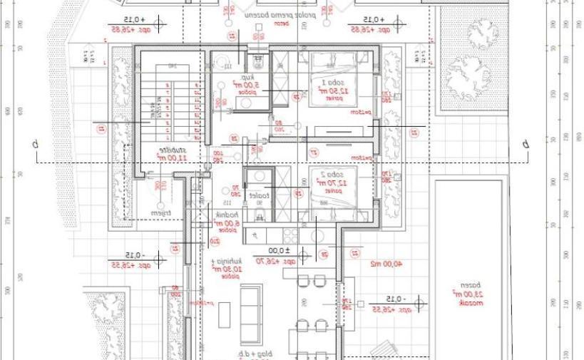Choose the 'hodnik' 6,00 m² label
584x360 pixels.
(227, 218)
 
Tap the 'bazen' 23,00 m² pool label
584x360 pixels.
(463, 292)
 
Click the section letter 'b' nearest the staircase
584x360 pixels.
(34, 144)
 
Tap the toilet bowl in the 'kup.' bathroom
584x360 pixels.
(260, 58)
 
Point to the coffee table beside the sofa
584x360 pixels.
(224, 314)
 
